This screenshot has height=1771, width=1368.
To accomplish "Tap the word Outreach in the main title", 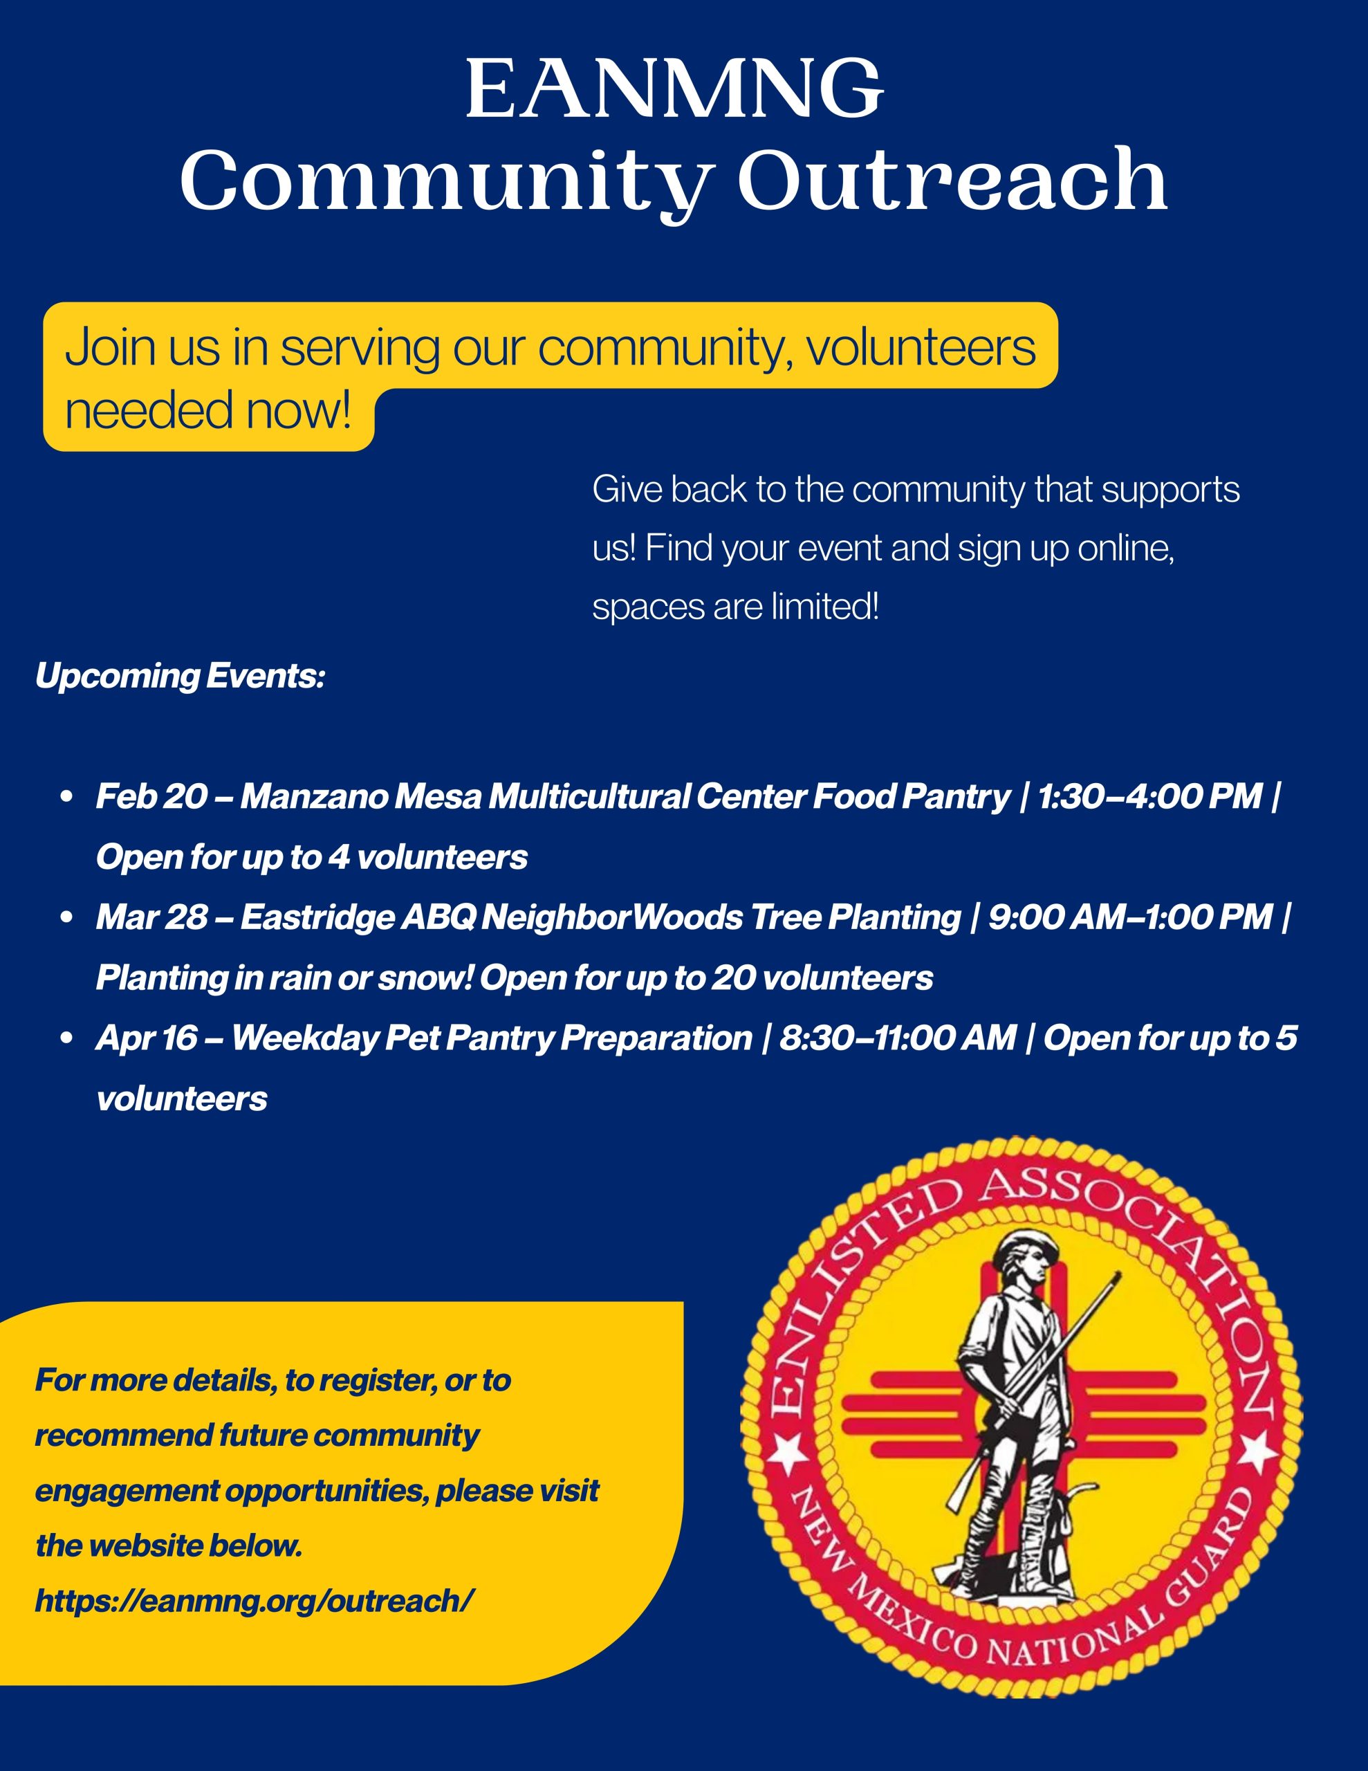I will [952, 180].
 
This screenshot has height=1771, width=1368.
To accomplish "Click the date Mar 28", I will [151, 917].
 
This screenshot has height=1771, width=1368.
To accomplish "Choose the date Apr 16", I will [146, 1038].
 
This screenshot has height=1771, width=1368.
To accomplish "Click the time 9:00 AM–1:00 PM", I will [1130, 917].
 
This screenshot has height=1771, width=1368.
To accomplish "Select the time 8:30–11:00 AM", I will [897, 1038].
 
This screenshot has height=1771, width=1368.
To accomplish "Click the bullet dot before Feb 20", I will [67, 796].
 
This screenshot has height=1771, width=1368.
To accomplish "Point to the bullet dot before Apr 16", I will [67, 1038].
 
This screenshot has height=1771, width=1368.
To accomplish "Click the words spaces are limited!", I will [734, 607].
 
